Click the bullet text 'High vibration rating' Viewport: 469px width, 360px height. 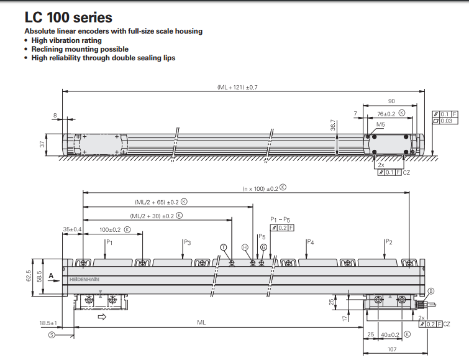coord(66,40)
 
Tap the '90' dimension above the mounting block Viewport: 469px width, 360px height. coord(391,101)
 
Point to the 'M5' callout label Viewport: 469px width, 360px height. coord(380,124)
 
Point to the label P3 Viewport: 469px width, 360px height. coord(187,242)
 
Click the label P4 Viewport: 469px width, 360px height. coord(310,242)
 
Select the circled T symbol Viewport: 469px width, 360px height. coord(224,247)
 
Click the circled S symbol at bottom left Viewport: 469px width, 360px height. coord(52,335)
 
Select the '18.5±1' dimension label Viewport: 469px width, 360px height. coord(48,323)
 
